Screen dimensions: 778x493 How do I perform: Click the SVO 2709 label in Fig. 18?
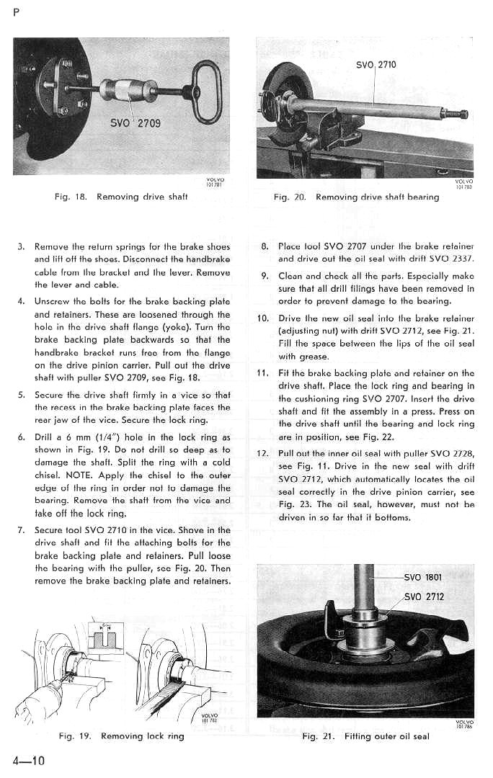(x=135, y=122)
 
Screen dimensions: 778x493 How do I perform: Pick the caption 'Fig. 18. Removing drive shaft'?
(x=120, y=197)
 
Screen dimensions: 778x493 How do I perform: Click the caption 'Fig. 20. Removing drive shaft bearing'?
(x=356, y=197)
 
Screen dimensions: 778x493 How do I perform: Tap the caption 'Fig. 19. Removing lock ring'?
(x=121, y=735)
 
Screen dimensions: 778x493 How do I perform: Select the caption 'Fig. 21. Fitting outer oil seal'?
(x=366, y=736)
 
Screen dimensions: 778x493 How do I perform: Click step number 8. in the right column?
(x=265, y=246)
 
